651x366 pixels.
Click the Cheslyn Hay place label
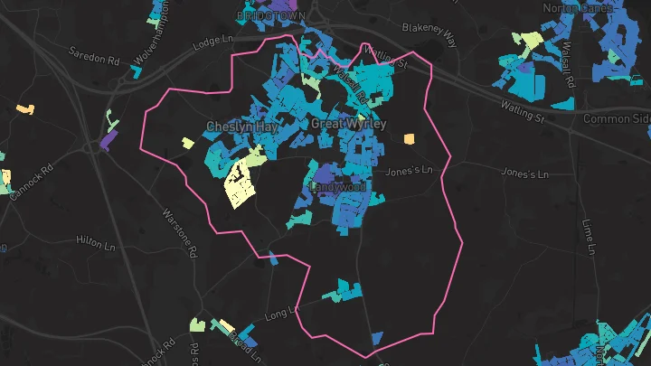[x=241, y=127]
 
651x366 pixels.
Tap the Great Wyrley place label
[x=348, y=123]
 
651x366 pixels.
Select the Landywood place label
[x=338, y=187]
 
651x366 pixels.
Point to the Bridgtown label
[x=271, y=16]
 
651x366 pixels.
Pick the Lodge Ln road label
[x=213, y=41]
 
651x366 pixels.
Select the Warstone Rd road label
[x=177, y=233]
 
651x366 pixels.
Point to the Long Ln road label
[x=281, y=314]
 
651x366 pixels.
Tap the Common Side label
[x=617, y=119]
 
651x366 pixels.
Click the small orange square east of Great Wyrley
[x=410, y=139]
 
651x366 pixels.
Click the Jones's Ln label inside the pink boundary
[x=404, y=170]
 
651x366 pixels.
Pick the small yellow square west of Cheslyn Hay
[x=188, y=143]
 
